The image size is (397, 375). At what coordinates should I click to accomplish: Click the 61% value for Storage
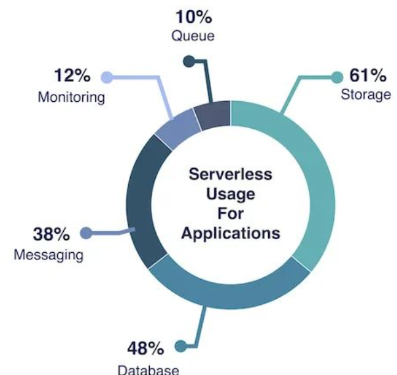click(x=365, y=76)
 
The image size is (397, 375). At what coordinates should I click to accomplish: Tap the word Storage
click(x=365, y=95)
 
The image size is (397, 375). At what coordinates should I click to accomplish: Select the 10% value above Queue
click(x=193, y=16)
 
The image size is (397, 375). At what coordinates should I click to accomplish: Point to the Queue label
click(x=193, y=35)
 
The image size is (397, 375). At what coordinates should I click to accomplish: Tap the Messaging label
click(x=49, y=254)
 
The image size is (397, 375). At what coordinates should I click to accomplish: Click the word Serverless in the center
click(x=230, y=175)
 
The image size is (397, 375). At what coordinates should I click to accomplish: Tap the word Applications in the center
click(x=230, y=233)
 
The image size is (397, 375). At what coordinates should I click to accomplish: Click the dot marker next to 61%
click(x=337, y=77)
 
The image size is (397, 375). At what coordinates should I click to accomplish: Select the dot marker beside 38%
click(x=85, y=233)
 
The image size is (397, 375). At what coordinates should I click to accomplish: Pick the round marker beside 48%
click(x=179, y=346)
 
